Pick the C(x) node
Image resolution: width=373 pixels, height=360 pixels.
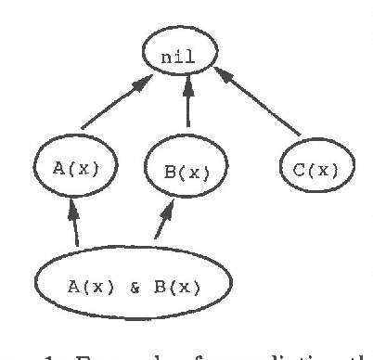(312, 170)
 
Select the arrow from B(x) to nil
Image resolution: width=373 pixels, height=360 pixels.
(188, 105)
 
